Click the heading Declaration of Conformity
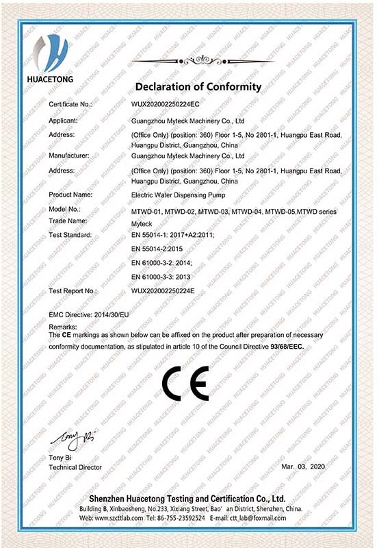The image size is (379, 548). click(198, 87)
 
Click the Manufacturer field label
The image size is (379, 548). click(70, 156)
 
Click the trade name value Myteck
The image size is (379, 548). click(141, 222)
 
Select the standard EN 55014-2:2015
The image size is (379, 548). click(158, 249)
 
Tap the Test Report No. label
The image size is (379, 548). click(73, 291)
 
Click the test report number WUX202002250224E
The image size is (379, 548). click(164, 291)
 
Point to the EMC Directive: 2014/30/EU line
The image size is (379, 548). click(89, 313)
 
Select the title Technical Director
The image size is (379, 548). click(75, 467)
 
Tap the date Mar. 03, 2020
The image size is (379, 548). click(305, 466)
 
